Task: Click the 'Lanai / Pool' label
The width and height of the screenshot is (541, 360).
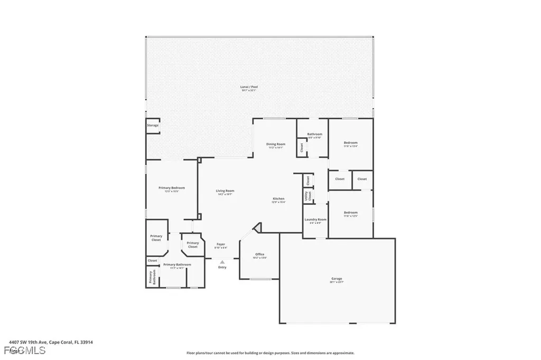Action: [x=249, y=87]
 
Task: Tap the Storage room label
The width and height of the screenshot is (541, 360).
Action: [x=153, y=125]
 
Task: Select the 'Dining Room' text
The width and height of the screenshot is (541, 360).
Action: [x=275, y=144]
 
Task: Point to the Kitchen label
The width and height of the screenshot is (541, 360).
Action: [x=278, y=198]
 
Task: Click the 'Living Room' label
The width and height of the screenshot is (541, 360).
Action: [x=225, y=191]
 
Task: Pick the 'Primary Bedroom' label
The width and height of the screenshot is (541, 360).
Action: [x=172, y=188]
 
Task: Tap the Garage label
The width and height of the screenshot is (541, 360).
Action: [x=337, y=279]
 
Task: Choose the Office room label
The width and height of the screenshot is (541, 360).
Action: [x=259, y=254]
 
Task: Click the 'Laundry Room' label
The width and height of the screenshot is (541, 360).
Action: [x=315, y=220]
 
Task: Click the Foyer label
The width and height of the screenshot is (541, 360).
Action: [x=221, y=244]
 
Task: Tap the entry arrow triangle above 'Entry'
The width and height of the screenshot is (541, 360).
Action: [x=222, y=260]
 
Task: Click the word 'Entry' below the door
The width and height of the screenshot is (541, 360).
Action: [x=222, y=267]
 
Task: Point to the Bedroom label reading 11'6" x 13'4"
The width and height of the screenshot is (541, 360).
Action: [x=351, y=143]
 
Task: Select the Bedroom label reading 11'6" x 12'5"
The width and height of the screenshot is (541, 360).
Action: [x=351, y=213]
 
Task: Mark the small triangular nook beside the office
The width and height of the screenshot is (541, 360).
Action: [x=258, y=228]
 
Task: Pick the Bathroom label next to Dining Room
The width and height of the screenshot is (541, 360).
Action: [x=315, y=134]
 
